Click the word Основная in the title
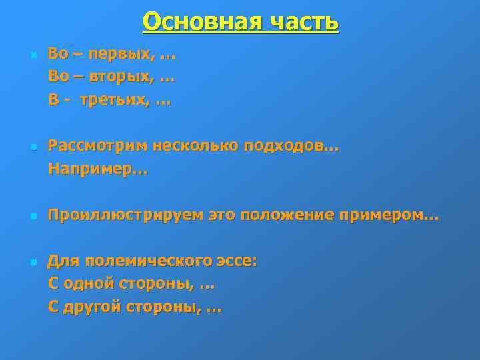click(x=198, y=21)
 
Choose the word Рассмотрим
click(x=97, y=145)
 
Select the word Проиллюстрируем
click(x=125, y=215)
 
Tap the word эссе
click(x=241, y=261)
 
